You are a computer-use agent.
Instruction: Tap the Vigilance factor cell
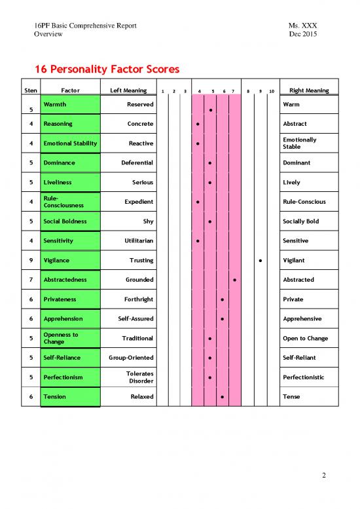coord(70,260)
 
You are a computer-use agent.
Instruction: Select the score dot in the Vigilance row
coord(261,261)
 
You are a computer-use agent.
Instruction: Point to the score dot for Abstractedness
coord(234,280)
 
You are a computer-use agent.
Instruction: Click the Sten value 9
coord(31,260)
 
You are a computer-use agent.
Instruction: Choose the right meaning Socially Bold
coord(300,221)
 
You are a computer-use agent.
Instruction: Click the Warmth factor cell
coord(70,104)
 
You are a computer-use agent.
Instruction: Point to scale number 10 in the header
coord(272,91)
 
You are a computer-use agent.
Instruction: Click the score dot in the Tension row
coord(223,398)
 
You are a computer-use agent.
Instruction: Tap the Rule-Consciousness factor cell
coord(70,202)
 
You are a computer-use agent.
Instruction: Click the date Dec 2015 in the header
coord(302,34)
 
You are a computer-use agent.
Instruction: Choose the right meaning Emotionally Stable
coord(299,143)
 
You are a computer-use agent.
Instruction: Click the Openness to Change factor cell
coord(70,338)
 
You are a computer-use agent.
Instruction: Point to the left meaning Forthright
coord(139,299)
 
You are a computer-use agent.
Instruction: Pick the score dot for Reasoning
coord(197,124)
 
